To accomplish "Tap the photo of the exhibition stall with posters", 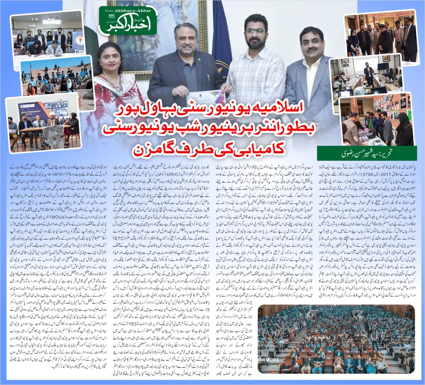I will (x=379, y=116).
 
